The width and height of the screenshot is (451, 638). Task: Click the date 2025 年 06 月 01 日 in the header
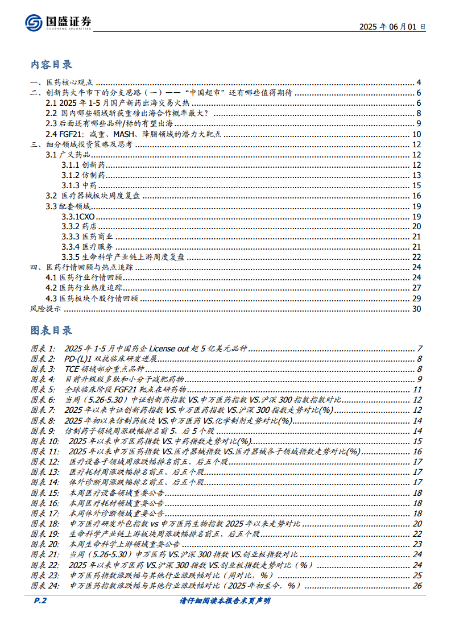coord(392,26)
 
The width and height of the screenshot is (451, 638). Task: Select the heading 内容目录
coord(51,64)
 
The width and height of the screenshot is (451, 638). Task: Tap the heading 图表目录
coord(51,330)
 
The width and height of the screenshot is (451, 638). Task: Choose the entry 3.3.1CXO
coord(78,216)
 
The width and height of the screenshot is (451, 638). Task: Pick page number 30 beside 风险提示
coord(416,309)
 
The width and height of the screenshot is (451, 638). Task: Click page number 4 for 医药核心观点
coord(419,83)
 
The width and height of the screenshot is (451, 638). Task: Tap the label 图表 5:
coord(43,390)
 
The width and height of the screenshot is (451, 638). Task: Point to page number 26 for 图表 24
coord(417,586)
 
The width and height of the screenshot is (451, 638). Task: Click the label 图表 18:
coord(45,524)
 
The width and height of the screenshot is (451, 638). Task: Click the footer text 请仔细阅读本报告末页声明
coord(225,601)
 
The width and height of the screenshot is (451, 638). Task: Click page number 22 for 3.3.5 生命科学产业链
coord(416,257)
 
